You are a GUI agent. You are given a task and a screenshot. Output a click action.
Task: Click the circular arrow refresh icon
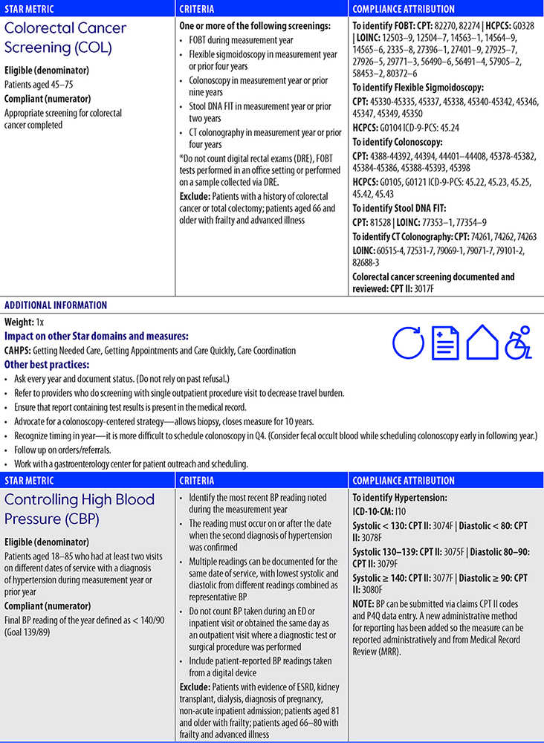pos(407,344)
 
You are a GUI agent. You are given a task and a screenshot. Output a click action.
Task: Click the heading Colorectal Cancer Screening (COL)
pos(65,38)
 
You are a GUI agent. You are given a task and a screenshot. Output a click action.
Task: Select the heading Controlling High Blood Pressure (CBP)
pos(80,509)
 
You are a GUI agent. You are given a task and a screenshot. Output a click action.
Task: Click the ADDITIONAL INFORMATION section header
pos(56,305)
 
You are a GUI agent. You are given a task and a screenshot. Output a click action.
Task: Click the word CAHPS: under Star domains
pos(19,351)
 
